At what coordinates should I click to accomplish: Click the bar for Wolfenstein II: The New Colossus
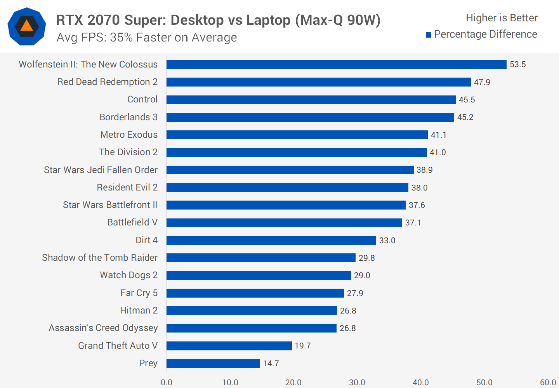(x=336, y=64)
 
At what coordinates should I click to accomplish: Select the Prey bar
(x=213, y=363)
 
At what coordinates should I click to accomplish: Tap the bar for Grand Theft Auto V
(x=229, y=346)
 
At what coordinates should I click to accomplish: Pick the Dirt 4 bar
(x=271, y=240)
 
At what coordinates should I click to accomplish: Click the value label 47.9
(x=482, y=82)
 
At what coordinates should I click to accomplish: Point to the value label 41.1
(x=438, y=135)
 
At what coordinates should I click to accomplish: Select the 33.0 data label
(x=387, y=241)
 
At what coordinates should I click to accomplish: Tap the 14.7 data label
(x=271, y=364)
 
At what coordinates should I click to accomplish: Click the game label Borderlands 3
(x=128, y=117)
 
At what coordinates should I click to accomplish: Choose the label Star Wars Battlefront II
(x=110, y=205)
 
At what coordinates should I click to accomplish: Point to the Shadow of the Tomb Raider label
(x=100, y=258)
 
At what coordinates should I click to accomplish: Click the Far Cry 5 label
(x=139, y=293)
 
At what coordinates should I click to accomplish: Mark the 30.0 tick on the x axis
(x=357, y=383)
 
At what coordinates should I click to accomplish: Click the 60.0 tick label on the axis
(x=548, y=383)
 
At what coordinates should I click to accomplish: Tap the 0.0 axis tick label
(x=167, y=383)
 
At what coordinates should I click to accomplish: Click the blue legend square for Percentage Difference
(x=429, y=35)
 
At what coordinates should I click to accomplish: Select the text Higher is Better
(x=502, y=18)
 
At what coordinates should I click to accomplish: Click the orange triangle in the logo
(x=26, y=26)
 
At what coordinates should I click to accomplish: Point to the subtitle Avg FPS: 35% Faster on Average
(x=147, y=38)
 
